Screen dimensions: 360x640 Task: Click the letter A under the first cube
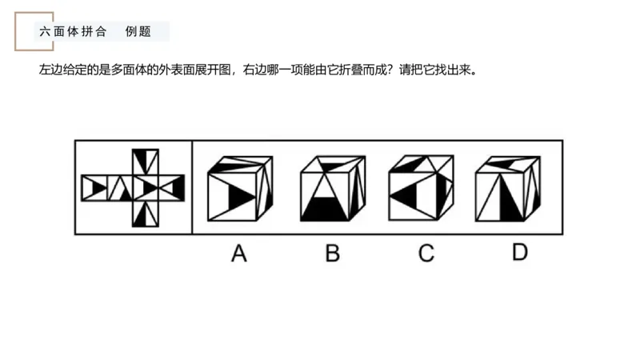pyautogui.click(x=238, y=254)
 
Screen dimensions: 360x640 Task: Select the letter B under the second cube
pyautogui.click(x=332, y=254)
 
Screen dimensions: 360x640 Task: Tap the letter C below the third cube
pyautogui.click(x=426, y=254)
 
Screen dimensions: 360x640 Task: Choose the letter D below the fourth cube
pyautogui.click(x=520, y=253)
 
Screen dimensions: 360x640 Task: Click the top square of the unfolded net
pyautogui.click(x=146, y=161)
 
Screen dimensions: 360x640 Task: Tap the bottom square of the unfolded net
pyautogui.click(x=146, y=214)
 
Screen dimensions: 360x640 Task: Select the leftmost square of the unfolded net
pyautogui.click(x=94, y=188)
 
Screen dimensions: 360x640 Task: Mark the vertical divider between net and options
pyautogui.click(x=192, y=187)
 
